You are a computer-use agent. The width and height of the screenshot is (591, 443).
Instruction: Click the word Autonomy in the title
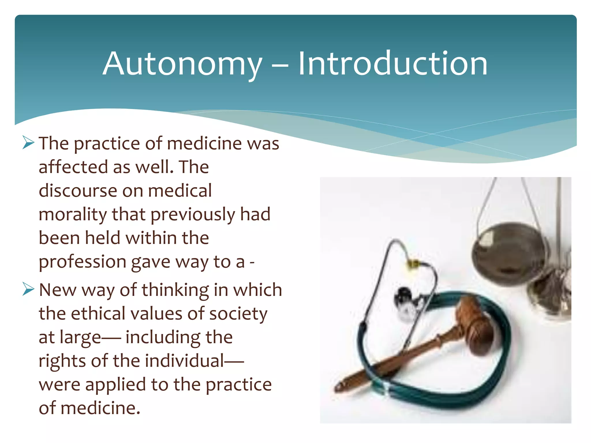[182, 64]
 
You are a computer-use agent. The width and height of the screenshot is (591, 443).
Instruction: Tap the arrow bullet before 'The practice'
[28, 143]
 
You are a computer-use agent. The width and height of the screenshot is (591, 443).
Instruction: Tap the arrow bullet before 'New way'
[28, 289]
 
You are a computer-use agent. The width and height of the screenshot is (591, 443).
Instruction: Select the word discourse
[77, 191]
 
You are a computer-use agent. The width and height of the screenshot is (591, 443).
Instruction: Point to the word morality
[72, 215]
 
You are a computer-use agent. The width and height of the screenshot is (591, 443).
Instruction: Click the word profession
[83, 262]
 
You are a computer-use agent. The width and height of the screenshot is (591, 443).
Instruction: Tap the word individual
[185, 361]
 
